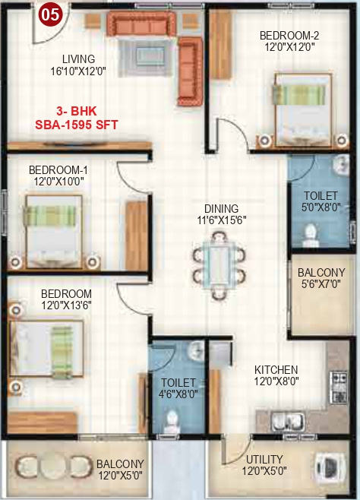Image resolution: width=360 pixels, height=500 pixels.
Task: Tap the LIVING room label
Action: (x=79, y=59)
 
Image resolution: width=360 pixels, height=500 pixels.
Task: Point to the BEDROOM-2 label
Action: (x=288, y=35)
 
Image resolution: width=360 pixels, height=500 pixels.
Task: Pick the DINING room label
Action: (x=221, y=208)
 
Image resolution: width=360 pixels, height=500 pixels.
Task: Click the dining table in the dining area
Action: (x=220, y=266)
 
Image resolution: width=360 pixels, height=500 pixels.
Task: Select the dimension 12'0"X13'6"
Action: (x=67, y=306)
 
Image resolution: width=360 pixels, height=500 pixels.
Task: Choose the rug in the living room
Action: (x=149, y=55)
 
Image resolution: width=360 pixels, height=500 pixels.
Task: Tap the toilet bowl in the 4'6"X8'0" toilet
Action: (x=173, y=419)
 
